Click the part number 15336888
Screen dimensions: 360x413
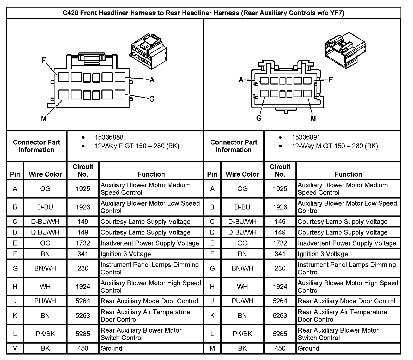[109, 137]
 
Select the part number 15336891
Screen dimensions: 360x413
[306, 137]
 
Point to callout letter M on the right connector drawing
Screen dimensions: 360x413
[313, 119]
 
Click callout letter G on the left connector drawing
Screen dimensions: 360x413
[152, 99]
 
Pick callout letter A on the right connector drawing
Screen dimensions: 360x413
[241, 80]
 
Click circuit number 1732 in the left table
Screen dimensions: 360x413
[83, 243]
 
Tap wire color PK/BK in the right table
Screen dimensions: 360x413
[242, 334]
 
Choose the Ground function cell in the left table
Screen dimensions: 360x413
[111, 348]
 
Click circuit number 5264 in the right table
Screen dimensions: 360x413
[280, 301]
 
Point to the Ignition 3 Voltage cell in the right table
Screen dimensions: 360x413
[323, 254]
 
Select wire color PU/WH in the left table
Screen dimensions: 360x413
[45, 301]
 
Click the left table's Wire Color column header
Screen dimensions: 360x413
[45, 174]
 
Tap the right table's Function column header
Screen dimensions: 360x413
[348, 174]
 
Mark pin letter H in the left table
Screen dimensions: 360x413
[15, 286]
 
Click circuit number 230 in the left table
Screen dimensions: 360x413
[83, 268]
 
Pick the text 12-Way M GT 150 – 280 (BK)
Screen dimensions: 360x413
[335, 146]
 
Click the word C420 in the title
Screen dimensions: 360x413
[71, 13]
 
